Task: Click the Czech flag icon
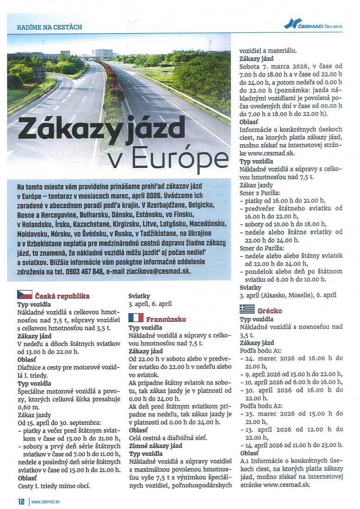(x=25, y=295)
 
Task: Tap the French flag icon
(x=136, y=317)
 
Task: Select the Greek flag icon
(x=247, y=309)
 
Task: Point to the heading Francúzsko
(x=166, y=319)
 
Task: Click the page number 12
(x=21, y=502)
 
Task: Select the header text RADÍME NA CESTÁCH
(x=50, y=27)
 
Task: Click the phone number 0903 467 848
(x=84, y=272)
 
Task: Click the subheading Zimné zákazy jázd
(x=155, y=446)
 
